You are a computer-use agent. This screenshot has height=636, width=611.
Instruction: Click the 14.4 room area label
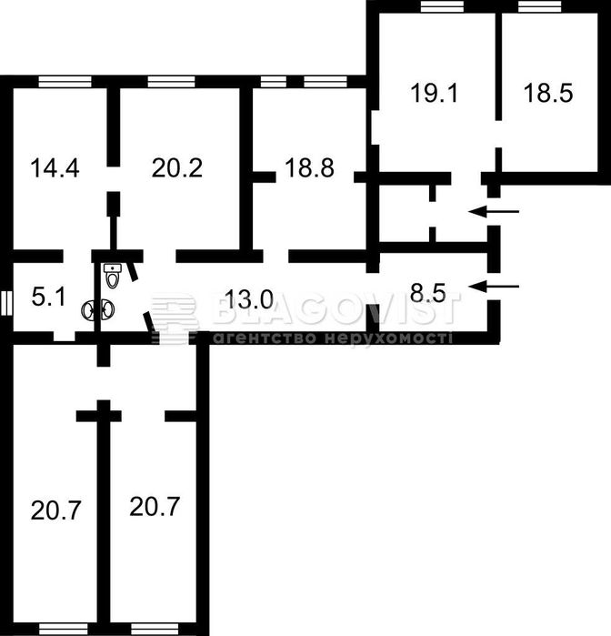(x=55, y=168)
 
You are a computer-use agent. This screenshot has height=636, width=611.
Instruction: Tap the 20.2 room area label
(x=177, y=168)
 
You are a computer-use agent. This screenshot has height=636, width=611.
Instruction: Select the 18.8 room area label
(x=309, y=168)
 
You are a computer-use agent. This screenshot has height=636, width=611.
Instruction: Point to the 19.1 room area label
(x=434, y=93)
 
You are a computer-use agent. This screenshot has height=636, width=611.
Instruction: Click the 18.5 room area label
(x=548, y=93)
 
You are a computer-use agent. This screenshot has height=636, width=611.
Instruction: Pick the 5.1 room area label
(x=49, y=297)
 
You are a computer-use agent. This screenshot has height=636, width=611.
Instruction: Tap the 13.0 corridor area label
(x=249, y=299)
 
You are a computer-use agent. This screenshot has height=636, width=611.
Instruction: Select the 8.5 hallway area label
(x=427, y=293)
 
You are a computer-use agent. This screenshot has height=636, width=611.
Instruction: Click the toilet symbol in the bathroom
(x=113, y=276)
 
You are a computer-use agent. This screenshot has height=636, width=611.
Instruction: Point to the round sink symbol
(x=98, y=310)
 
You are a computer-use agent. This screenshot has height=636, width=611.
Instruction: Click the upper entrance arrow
(x=494, y=211)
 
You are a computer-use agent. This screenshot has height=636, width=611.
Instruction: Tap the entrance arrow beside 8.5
(x=494, y=287)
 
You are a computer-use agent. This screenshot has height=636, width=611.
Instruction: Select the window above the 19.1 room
(x=442, y=7)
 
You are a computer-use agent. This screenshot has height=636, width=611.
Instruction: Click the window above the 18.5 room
(x=540, y=7)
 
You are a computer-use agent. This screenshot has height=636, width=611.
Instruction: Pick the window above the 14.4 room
(x=65, y=82)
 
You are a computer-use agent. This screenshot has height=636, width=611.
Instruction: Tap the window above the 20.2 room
(x=171, y=82)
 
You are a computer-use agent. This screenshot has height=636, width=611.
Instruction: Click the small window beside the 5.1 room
(x=7, y=303)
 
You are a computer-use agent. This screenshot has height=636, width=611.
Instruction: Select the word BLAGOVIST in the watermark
(x=336, y=308)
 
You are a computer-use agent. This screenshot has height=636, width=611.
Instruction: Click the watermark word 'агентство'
(x=265, y=338)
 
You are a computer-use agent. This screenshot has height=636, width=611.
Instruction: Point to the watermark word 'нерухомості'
(x=389, y=338)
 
